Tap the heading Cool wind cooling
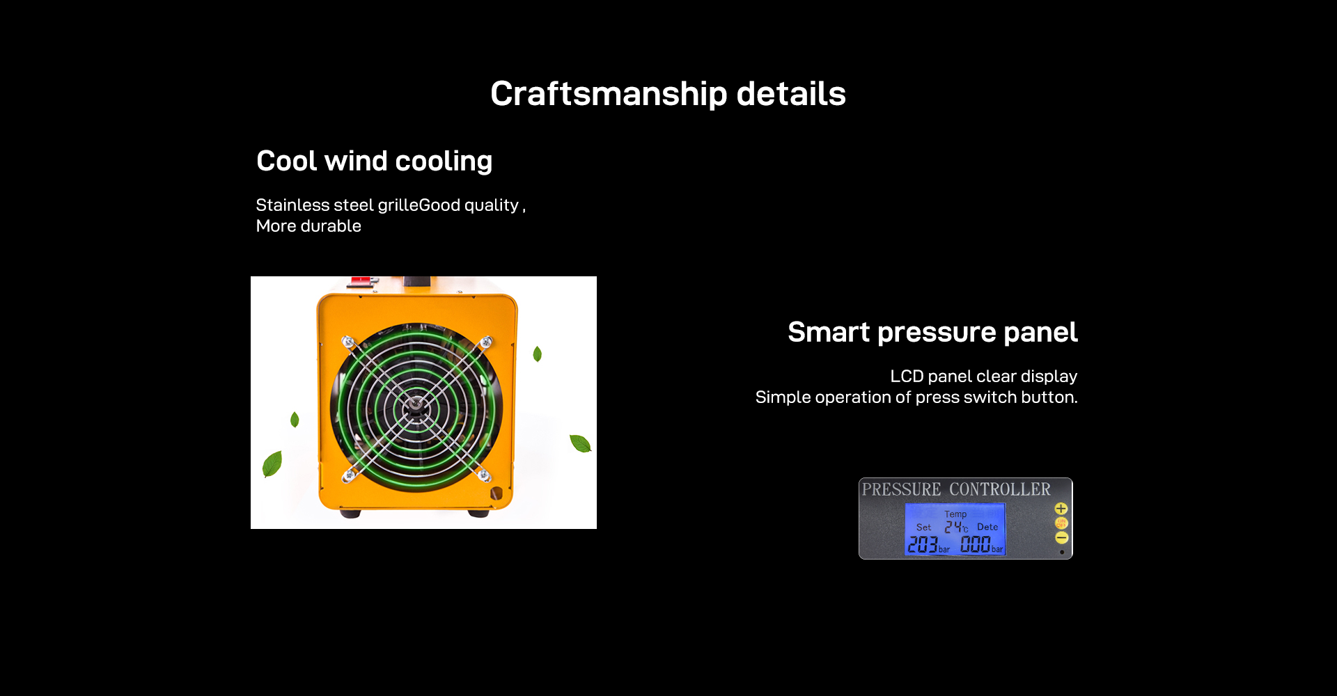click(375, 161)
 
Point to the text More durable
click(308, 226)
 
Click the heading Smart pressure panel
click(932, 332)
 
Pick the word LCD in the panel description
click(907, 376)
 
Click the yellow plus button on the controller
click(1061, 509)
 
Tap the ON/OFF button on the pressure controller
click(1061, 523)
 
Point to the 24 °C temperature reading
click(956, 528)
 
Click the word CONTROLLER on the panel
click(1000, 489)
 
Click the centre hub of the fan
click(416, 404)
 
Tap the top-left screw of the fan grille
click(348, 342)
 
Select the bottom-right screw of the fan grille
click(484, 475)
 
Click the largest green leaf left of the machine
click(272, 464)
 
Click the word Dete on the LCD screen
click(987, 527)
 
